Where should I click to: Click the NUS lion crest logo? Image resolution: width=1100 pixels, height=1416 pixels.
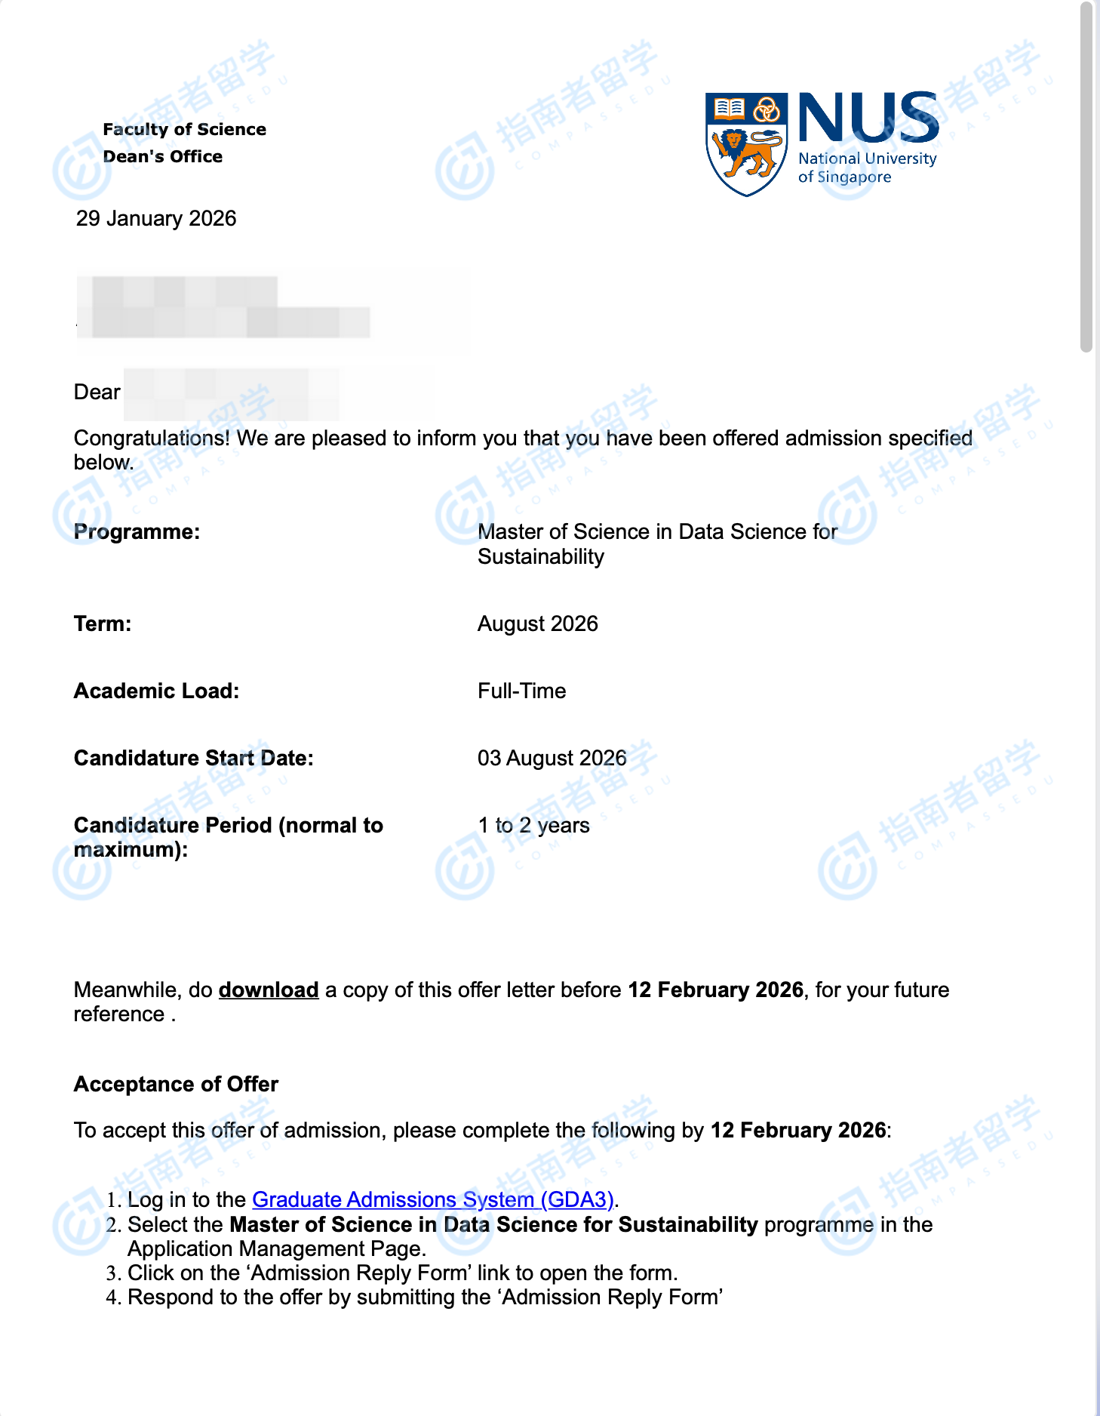[x=746, y=143]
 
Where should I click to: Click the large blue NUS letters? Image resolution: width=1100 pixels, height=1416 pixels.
[x=868, y=119]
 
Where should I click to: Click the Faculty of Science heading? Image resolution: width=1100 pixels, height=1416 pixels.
[x=184, y=129]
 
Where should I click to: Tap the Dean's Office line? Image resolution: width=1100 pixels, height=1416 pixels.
[x=162, y=156]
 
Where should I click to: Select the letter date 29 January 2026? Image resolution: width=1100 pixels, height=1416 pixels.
[x=156, y=218]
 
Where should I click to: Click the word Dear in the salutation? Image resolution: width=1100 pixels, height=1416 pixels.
[x=97, y=392]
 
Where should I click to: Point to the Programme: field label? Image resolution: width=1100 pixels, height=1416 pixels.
[x=137, y=531]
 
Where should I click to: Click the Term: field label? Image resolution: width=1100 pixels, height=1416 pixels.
[x=103, y=623]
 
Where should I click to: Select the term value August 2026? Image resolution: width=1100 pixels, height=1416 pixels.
[x=537, y=623]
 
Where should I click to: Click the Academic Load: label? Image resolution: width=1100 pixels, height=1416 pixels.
[x=156, y=691]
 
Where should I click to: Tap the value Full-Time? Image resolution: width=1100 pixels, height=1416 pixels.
[x=521, y=691]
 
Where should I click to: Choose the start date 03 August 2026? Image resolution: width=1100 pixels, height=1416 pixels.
[x=552, y=758]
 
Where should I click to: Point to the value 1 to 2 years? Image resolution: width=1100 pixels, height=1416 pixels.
[x=533, y=825]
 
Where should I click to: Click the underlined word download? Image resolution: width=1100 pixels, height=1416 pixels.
[x=269, y=990]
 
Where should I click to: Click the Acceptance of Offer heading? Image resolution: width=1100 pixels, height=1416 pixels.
[x=176, y=1084]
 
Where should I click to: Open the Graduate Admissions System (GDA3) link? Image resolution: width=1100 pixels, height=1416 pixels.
[x=432, y=1199]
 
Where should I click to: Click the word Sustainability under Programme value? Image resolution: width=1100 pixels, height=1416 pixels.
[x=540, y=556]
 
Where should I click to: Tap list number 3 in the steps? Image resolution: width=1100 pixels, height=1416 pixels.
[x=113, y=1273]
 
